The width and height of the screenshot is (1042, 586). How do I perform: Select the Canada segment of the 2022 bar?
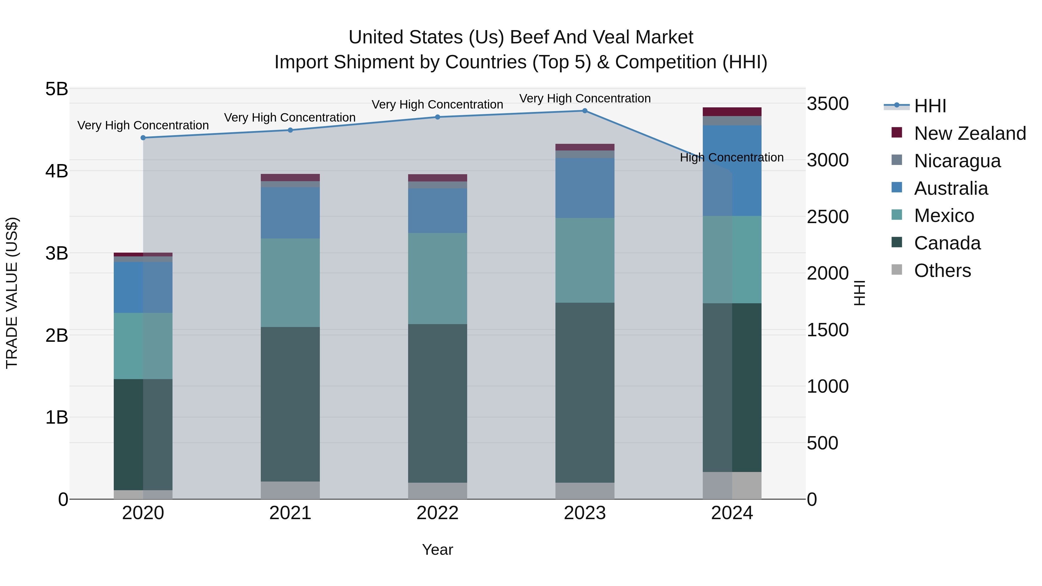pyautogui.click(x=437, y=403)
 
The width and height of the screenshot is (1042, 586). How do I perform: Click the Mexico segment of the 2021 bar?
pyautogui.click(x=290, y=283)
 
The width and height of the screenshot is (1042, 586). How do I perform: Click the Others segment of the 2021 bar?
pyautogui.click(x=290, y=490)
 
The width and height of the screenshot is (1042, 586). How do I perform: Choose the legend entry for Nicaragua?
pyautogui.click(x=957, y=161)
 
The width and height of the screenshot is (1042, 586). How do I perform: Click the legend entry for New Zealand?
pyautogui.click(x=970, y=133)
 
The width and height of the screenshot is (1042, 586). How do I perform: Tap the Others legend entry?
pyautogui.click(x=942, y=271)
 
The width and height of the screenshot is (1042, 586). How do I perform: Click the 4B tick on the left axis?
pyautogui.click(x=57, y=171)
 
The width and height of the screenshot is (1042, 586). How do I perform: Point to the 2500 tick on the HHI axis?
pyautogui.click(x=828, y=217)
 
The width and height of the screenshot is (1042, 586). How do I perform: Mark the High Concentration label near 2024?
pyautogui.click(x=731, y=157)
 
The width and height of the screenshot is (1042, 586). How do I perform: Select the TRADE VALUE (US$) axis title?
pyautogui.click(x=12, y=293)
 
